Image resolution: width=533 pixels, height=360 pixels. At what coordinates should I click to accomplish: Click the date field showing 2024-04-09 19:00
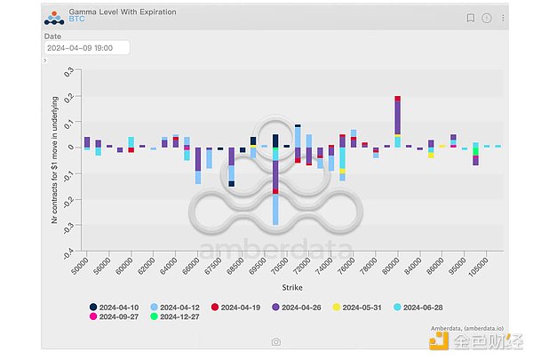click(x=86, y=47)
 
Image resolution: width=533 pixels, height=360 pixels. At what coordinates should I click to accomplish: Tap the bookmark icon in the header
click(x=471, y=18)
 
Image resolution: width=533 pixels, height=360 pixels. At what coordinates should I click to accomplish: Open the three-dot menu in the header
click(x=502, y=18)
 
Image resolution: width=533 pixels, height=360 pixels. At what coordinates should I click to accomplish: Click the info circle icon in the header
click(x=487, y=18)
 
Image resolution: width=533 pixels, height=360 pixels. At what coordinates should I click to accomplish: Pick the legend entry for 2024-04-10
click(x=120, y=308)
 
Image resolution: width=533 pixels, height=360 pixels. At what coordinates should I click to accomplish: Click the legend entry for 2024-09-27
click(x=120, y=316)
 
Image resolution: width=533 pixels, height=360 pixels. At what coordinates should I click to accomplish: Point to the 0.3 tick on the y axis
click(x=68, y=71)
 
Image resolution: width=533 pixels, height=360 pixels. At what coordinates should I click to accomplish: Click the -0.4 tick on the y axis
click(x=66, y=252)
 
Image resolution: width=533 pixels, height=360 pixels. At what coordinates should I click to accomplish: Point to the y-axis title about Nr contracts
click(x=54, y=160)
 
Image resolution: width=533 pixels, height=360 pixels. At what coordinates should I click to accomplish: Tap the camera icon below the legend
click(x=276, y=341)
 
